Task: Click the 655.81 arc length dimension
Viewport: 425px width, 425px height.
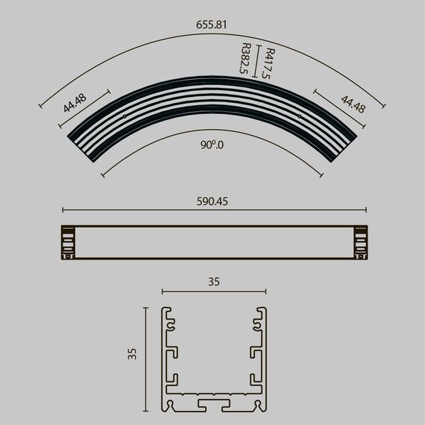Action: pyautogui.click(x=212, y=25)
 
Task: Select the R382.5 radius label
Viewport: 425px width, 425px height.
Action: pyautogui.click(x=244, y=60)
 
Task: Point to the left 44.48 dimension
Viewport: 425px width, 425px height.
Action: pyautogui.click(x=75, y=102)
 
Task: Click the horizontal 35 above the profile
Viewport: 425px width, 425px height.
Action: pyautogui.click(x=214, y=282)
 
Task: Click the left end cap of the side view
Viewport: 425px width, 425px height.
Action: pyautogui.click(x=69, y=242)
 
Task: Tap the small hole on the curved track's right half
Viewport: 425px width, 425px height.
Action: pyautogui.click(x=299, y=116)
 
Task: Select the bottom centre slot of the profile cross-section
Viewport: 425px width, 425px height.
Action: pyautogui.click(x=214, y=403)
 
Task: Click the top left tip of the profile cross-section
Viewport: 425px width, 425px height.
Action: pyautogui.click(x=165, y=309)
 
